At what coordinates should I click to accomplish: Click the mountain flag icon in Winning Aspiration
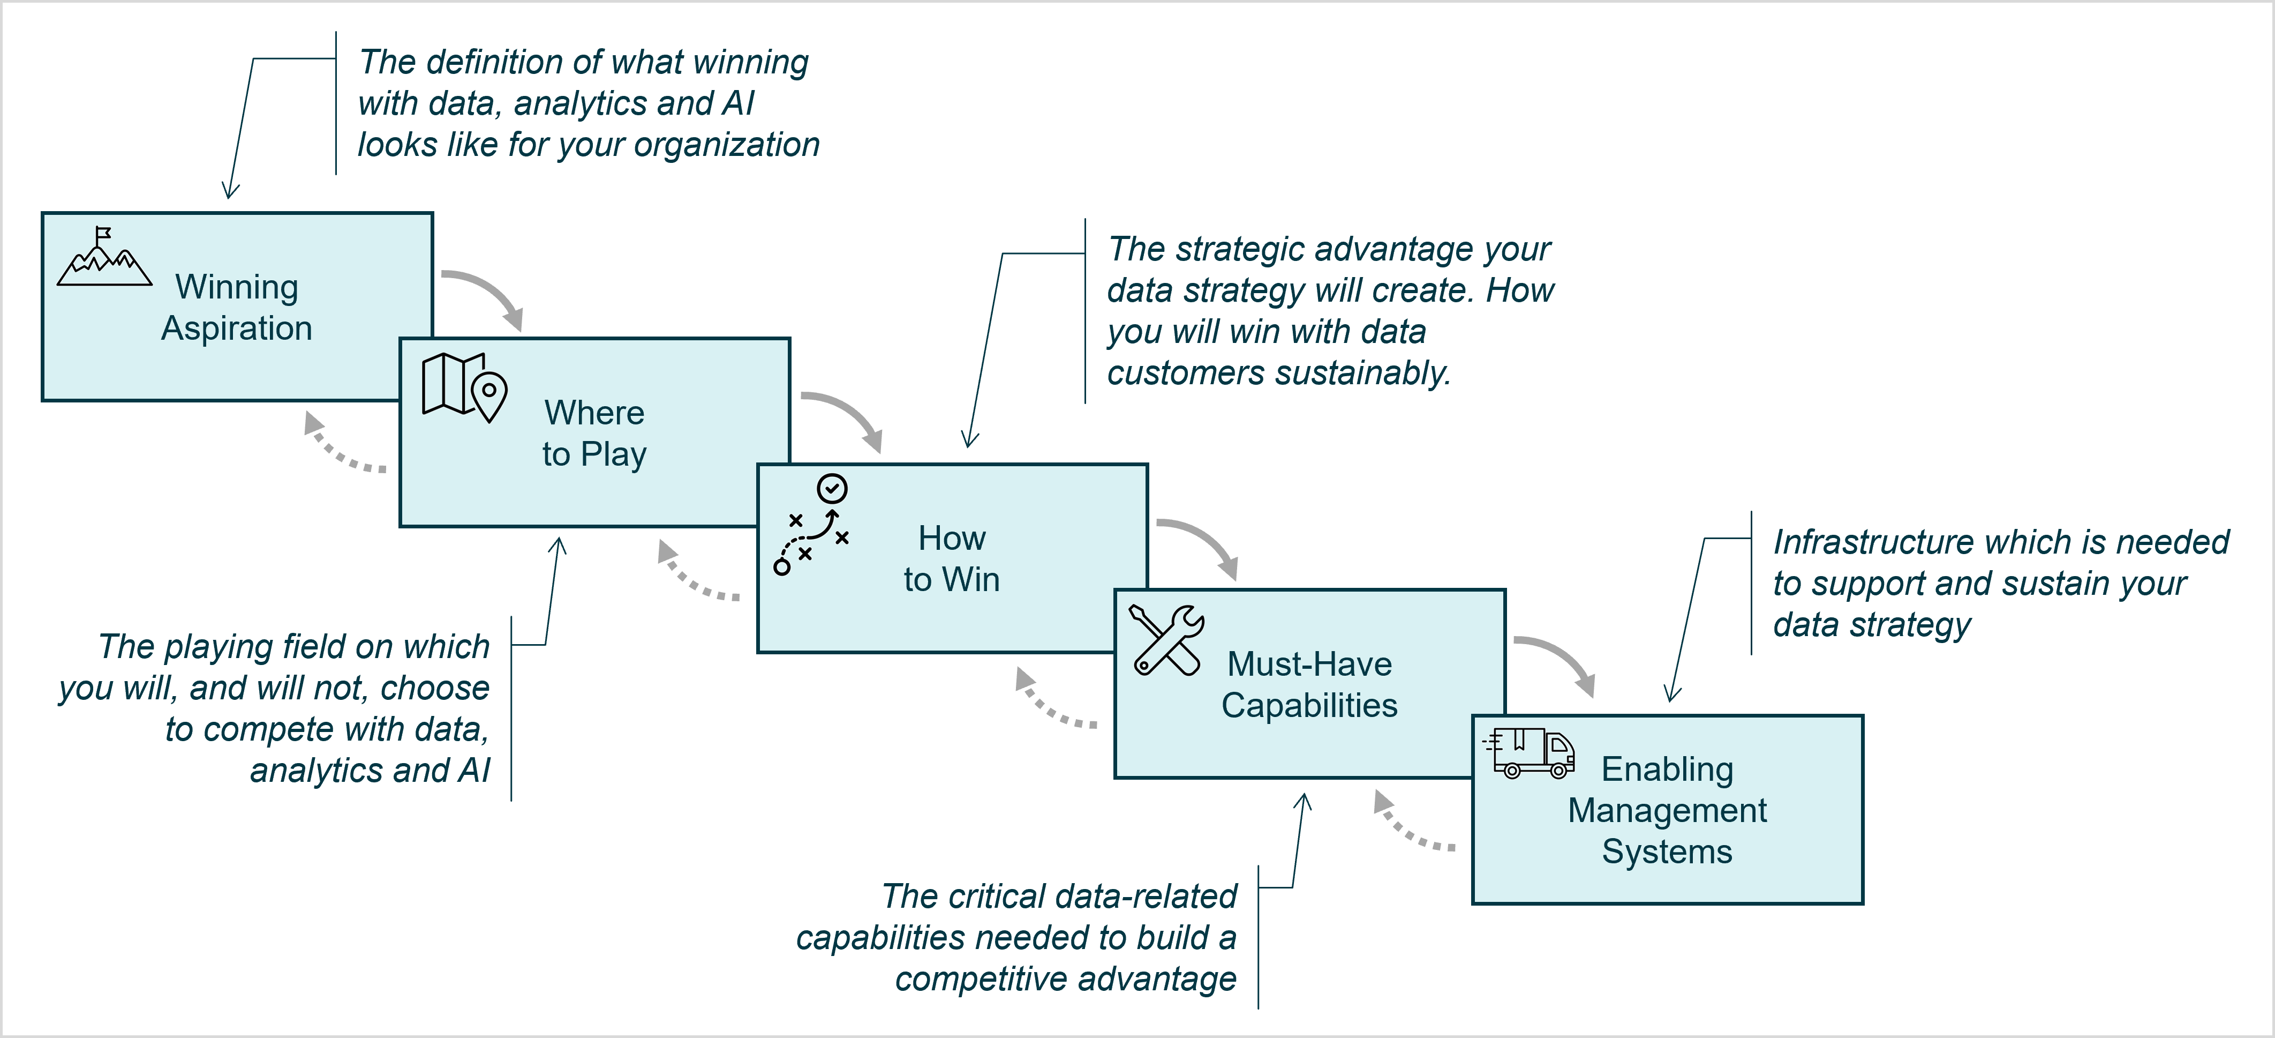click(x=104, y=257)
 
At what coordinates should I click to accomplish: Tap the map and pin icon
click(x=464, y=386)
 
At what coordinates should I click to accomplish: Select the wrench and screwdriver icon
click(x=1166, y=640)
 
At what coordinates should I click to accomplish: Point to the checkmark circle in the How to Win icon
click(x=832, y=488)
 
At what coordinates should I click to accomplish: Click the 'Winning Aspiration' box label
click(x=237, y=308)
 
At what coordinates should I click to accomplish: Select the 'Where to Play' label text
click(x=594, y=433)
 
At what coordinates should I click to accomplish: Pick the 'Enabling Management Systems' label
click(x=1667, y=810)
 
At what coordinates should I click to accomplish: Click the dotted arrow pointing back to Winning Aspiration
click(x=340, y=446)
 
